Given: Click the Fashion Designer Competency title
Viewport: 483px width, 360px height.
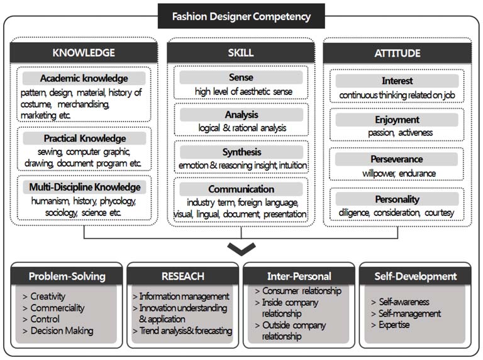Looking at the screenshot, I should [x=241, y=16].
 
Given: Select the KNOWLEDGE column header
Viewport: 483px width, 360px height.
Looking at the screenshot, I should [x=84, y=53].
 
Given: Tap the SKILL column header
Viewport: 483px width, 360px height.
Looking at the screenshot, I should [x=241, y=53].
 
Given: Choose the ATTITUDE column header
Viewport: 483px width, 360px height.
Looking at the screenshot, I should [x=397, y=53].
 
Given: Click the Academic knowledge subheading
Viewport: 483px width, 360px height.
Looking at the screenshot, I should [x=84, y=79].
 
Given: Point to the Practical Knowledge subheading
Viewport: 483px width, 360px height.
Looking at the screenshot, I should [x=84, y=138].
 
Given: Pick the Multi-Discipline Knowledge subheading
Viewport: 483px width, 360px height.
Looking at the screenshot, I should [x=84, y=187].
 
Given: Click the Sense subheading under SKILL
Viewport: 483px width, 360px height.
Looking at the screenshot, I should [x=241, y=77].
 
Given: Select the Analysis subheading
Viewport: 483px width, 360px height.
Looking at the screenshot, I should [x=241, y=115].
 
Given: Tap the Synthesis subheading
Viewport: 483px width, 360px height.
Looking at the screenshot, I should [x=241, y=152].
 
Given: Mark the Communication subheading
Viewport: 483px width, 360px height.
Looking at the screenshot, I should [x=241, y=189].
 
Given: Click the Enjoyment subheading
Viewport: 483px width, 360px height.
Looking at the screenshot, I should [x=397, y=120].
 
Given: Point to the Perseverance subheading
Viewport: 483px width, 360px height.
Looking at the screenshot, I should [x=397, y=159].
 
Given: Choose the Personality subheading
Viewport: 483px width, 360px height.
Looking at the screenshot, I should [x=397, y=199].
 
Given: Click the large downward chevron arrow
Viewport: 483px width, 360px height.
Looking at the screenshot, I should [x=241, y=249].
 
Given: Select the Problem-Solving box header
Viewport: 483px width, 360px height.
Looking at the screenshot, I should [x=67, y=276].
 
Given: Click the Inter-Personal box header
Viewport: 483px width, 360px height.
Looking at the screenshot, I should [x=299, y=276].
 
